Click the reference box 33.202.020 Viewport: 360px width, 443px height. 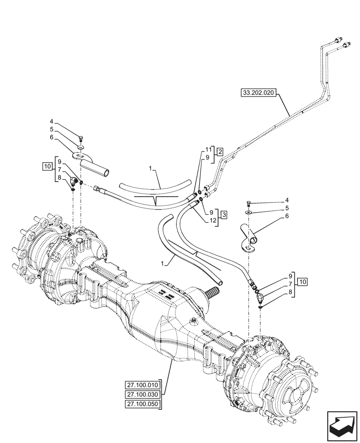[x=258, y=93]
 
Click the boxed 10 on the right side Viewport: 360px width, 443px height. [x=302, y=281]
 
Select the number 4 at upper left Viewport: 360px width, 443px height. [x=51, y=122]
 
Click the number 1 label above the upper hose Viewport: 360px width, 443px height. [x=151, y=169]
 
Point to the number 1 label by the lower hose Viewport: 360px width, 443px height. [x=163, y=263]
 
